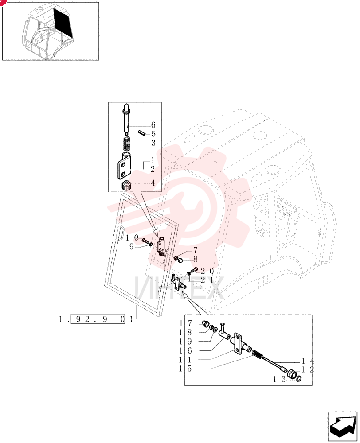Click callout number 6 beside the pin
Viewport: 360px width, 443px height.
coord(153,125)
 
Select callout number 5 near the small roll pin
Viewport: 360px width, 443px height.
coord(153,134)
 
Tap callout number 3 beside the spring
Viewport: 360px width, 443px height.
coord(153,143)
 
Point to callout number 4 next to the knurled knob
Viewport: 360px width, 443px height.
coord(153,183)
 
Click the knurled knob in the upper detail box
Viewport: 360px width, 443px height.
coord(125,186)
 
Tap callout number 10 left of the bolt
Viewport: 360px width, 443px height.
coord(133,238)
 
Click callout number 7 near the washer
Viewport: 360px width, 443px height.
coord(195,250)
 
